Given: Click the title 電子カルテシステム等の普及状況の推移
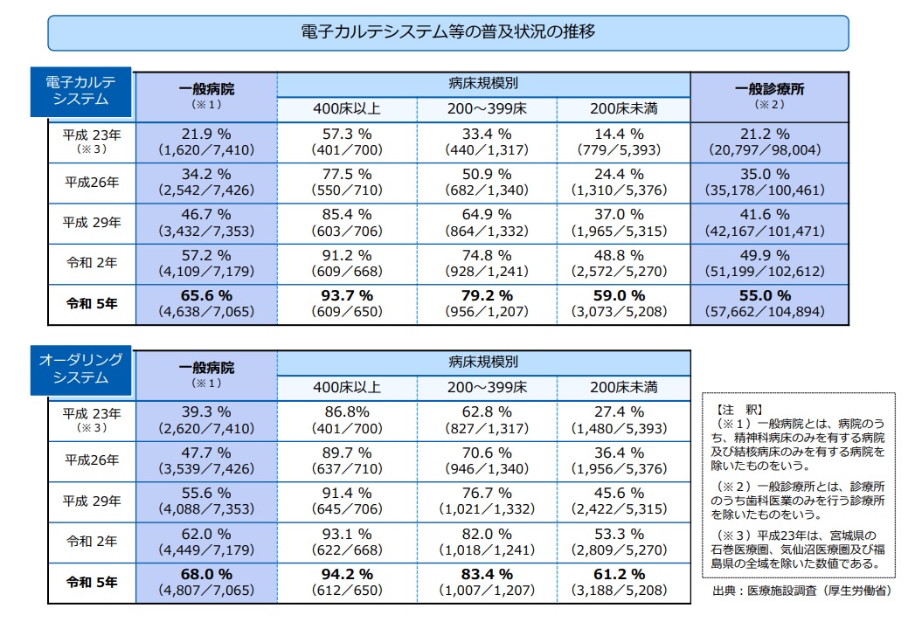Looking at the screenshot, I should tap(447, 32).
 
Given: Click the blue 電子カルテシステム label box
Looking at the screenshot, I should tap(80, 90).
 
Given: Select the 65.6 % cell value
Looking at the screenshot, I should tap(206, 295).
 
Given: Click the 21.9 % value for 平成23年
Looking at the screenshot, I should tap(206, 134).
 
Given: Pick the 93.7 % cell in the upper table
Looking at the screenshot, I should tap(347, 295).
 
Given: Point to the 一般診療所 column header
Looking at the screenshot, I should tap(769, 89).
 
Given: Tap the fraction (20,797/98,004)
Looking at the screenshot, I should tap(768, 150).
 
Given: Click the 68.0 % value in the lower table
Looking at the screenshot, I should tap(206, 574).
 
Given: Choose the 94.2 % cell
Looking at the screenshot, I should tap(347, 574).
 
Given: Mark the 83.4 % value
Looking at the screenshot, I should tap(487, 574).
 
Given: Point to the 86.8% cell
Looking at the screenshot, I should tap(347, 412).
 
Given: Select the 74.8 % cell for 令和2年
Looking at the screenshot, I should tap(487, 255).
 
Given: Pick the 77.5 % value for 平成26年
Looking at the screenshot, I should tap(347, 174).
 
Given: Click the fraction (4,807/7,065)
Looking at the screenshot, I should tap(206, 591).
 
